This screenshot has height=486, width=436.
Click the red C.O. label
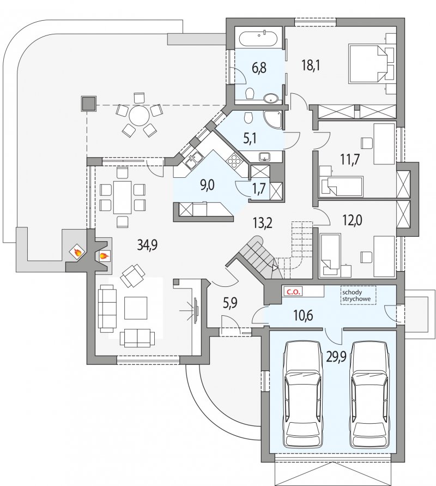[x=292, y=292]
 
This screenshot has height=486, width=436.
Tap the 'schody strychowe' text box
[x=358, y=296]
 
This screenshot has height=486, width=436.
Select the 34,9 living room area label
[x=147, y=245]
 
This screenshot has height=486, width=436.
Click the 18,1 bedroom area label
[x=311, y=65]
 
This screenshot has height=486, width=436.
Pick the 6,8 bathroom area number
[x=259, y=68]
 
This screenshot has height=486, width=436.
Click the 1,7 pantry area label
[x=259, y=188]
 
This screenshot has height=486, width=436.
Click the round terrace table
[x=139, y=116]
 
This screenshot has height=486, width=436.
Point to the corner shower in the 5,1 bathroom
[x=273, y=120]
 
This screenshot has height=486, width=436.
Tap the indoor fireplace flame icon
[x=104, y=256]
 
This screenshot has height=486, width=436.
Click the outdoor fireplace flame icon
[x=76, y=253]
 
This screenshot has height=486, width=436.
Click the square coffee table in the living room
[x=136, y=308]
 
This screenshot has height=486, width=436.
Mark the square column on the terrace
[x=88, y=104]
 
